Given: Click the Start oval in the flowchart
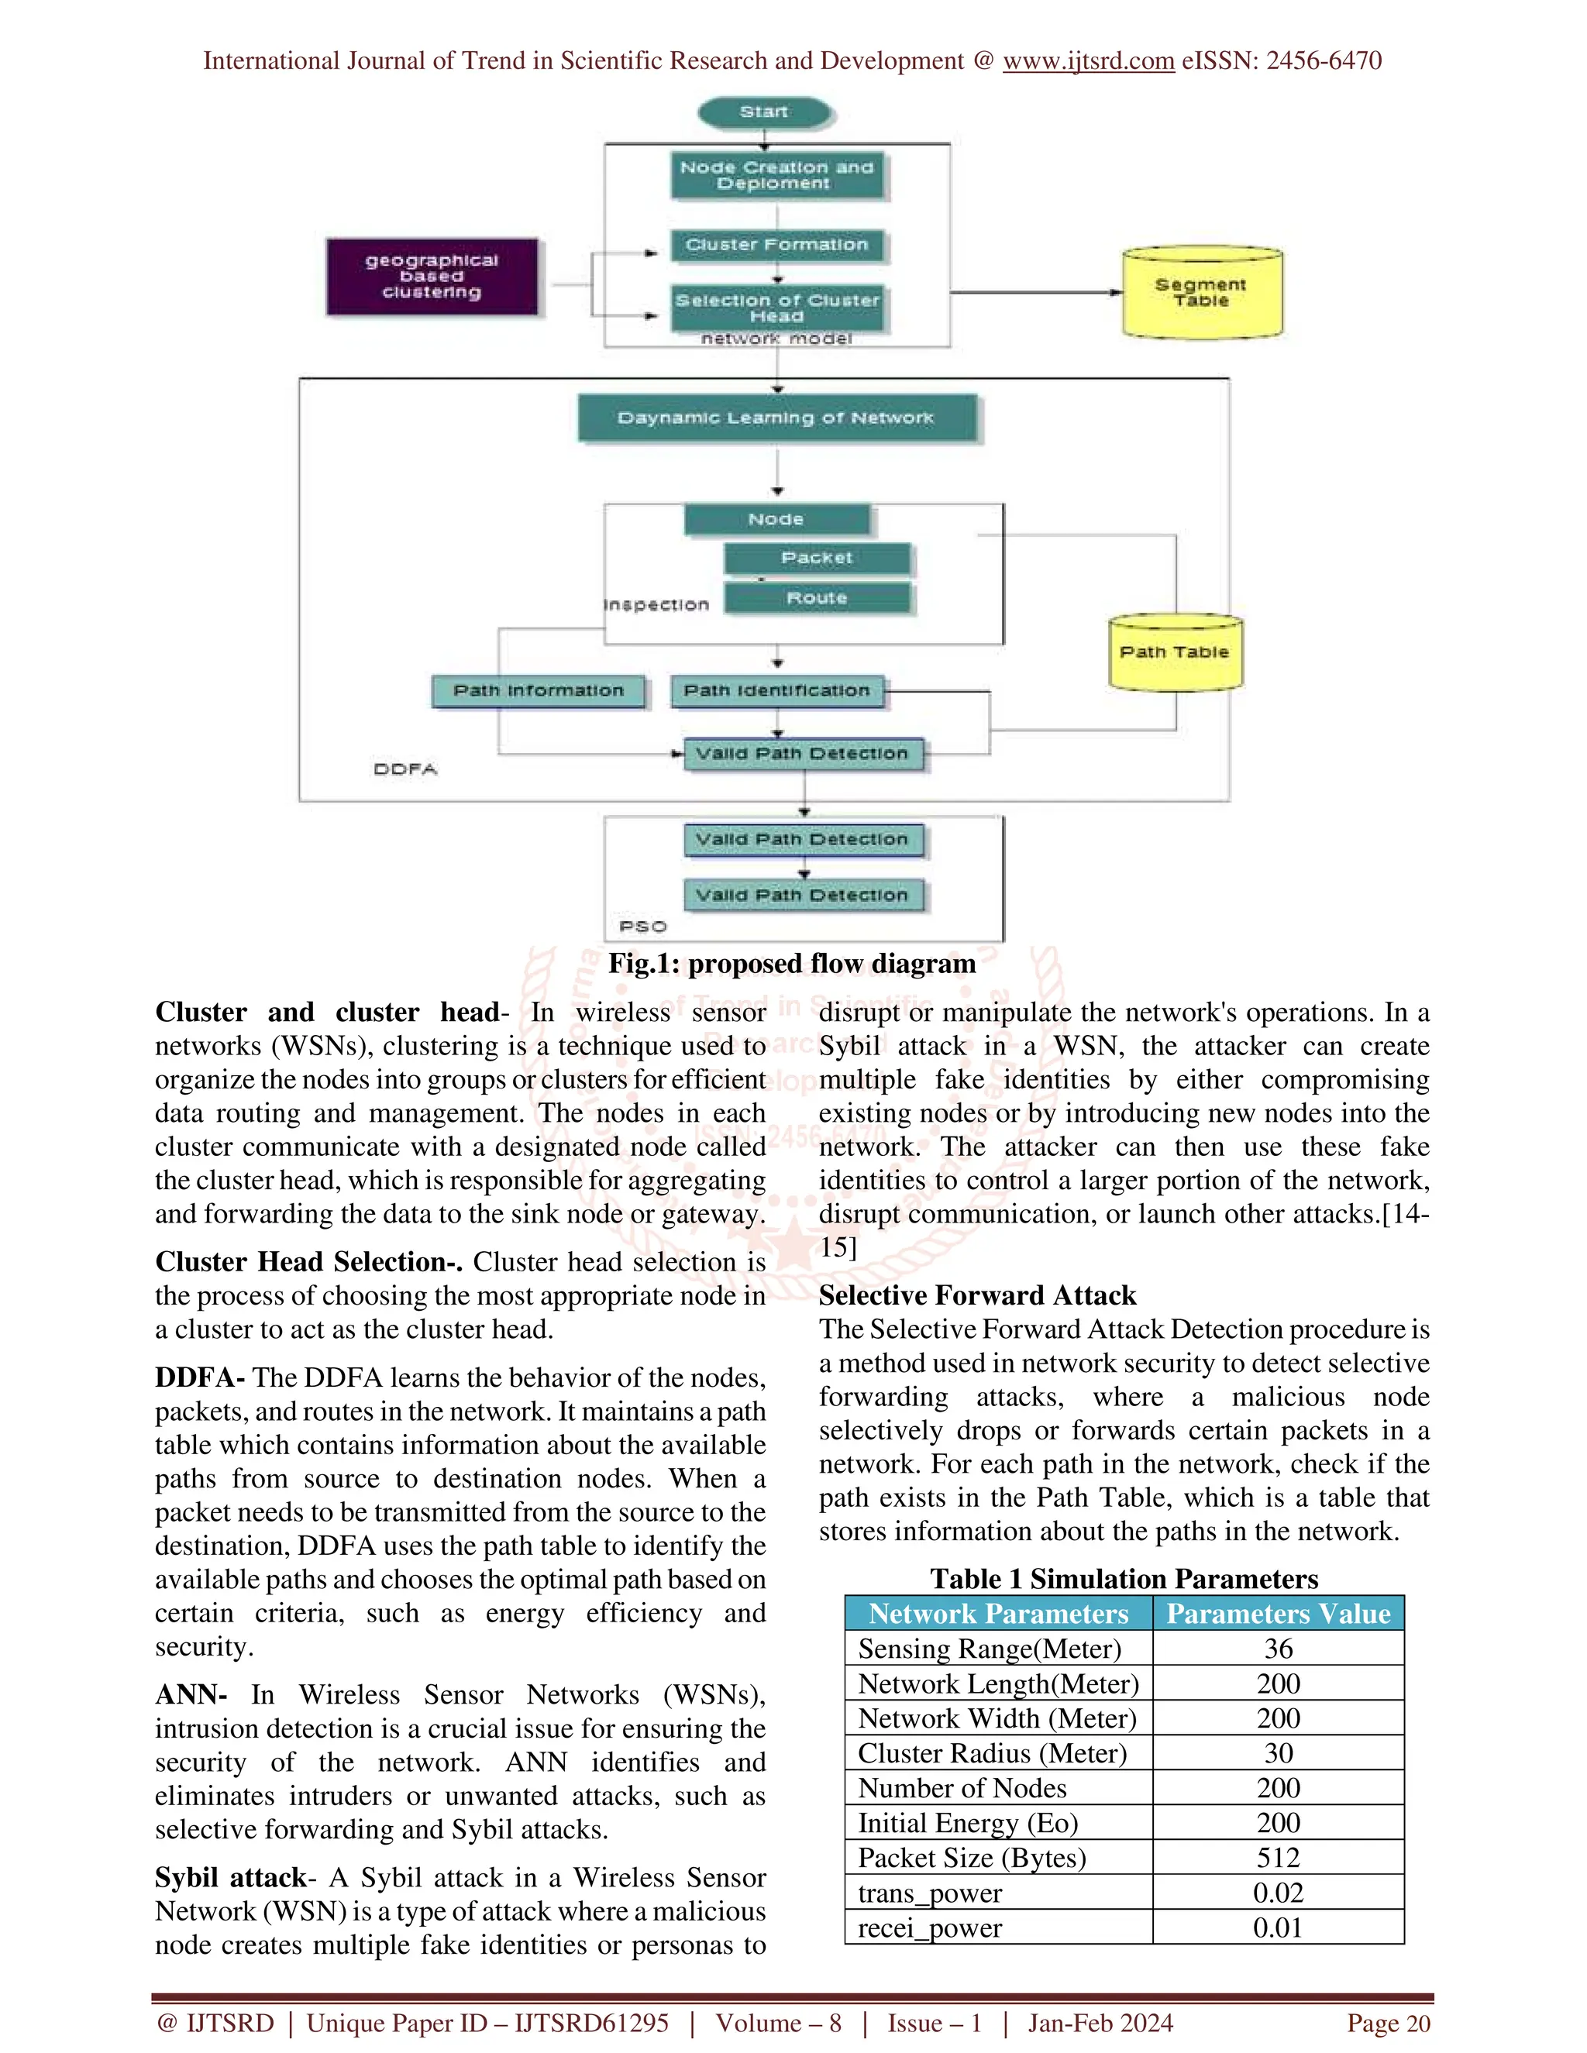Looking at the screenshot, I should tap(764, 112).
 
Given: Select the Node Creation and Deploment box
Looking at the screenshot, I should tap(777, 176).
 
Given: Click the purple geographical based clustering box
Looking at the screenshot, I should tap(432, 277).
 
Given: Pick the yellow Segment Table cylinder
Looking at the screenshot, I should tap(1202, 292).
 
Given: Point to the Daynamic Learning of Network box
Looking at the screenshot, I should tap(776, 418).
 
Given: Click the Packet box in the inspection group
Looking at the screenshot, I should tap(816, 559).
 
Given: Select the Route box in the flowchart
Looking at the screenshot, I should tap(816, 598).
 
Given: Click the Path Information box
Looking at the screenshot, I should tap(539, 691).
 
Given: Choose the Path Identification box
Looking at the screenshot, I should tap(776, 691).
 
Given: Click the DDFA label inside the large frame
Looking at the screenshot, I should tap(405, 769).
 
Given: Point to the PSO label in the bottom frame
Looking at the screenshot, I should tap(643, 927).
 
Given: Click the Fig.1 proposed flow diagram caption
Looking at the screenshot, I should tap(792, 964).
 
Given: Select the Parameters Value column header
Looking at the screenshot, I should tap(1278, 1614).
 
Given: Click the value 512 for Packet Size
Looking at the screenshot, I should tap(1278, 1859).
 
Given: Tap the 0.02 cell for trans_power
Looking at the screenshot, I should tap(1278, 1893).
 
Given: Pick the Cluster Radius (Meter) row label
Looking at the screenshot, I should tap(992, 1754).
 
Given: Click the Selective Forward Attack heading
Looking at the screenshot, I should tap(977, 1295).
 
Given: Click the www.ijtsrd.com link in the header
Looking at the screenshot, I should tap(1088, 61).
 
